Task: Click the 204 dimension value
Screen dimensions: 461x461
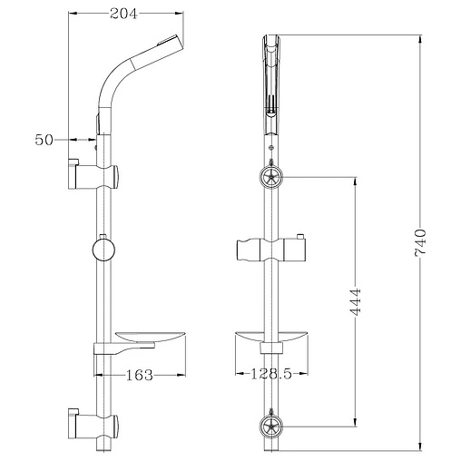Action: click(126, 12)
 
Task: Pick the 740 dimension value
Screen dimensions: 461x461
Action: click(418, 245)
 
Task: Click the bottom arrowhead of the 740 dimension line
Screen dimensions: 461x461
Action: click(420, 447)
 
